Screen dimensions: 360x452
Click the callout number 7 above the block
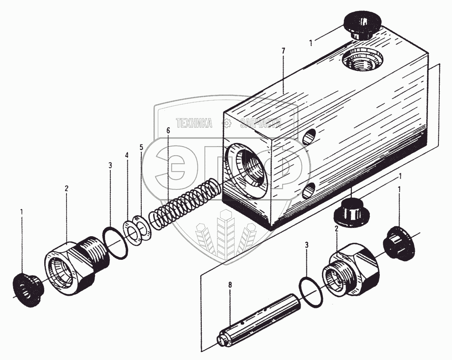[284, 51]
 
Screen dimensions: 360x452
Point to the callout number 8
[230, 285]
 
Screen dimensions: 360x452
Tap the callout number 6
[167, 130]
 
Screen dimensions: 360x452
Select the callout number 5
[127, 155]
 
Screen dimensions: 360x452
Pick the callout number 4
[141, 147]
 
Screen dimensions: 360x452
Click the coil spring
[184, 201]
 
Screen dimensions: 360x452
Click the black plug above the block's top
[362, 26]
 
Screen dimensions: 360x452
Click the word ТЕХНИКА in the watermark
[194, 123]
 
